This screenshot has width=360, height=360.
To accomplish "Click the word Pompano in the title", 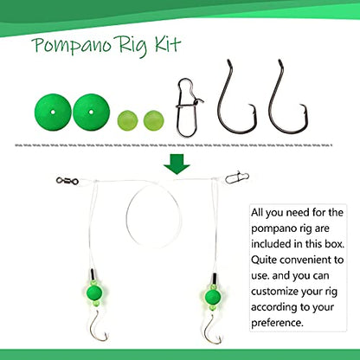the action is tap(72, 45).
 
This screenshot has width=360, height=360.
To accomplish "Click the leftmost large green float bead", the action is tap(53, 112).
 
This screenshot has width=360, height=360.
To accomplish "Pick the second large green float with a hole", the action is tap(91, 112).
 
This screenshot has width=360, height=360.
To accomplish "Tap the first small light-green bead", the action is tap(127, 120).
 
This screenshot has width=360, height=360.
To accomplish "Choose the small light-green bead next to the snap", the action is tap(154, 120).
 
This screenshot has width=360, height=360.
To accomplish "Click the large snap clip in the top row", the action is tap(188, 107).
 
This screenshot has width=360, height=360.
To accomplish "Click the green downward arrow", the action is tap(177, 164).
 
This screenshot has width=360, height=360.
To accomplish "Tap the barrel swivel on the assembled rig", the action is tap(67, 181).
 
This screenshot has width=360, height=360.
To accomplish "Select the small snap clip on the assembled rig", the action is tap(237, 177).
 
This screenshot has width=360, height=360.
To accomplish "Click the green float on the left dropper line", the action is tap(94, 292).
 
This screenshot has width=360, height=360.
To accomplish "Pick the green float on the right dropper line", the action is tap(213, 296).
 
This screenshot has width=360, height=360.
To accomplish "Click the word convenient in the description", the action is tap(306, 260).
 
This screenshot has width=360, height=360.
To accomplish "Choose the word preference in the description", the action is tap(277, 323).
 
